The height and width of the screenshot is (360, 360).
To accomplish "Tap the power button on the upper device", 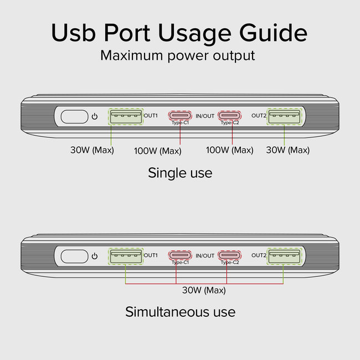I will tap(74, 117).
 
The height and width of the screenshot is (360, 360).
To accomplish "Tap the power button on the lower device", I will tap(74, 256).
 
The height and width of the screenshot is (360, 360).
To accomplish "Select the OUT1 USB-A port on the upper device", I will tap(125, 116).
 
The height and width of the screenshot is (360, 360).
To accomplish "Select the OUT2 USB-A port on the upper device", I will tap(284, 116).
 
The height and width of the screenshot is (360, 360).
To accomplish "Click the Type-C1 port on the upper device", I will tap(180, 116).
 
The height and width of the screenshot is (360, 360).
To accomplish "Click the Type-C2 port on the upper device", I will tap(229, 116).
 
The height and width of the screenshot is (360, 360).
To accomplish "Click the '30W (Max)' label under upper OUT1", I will tap(92, 150).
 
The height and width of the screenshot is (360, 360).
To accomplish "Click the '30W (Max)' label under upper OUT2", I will tap(287, 150).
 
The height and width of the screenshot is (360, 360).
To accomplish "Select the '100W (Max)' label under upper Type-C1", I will tap(158, 151).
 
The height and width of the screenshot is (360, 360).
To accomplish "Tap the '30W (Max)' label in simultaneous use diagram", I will tap(204, 290).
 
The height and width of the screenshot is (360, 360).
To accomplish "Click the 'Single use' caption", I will tap(180, 173).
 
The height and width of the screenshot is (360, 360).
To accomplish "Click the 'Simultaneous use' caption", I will tap(180, 312).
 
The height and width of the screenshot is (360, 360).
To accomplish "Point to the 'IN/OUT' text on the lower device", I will tap(205, 255).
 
